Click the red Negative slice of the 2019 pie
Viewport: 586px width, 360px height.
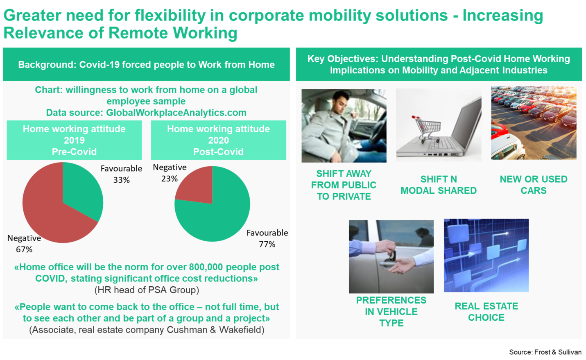(x=50, y=215)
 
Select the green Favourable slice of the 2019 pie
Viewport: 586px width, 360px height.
(x=81, y=191)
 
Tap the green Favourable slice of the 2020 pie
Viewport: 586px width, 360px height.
(x=217, y=217)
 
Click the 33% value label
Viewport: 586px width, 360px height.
(x=121, y=180)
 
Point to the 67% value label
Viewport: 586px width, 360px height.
(x=24, y=249)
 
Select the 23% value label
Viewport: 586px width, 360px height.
(x=170, y=179)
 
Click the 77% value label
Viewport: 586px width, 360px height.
(x=267, y=245)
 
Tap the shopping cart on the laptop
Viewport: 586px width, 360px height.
(x=426, y=129)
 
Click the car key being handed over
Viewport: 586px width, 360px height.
(x=392, y=255)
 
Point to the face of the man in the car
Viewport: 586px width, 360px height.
(x=340, y=102)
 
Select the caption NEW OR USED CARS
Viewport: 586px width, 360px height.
(x=534, y=185)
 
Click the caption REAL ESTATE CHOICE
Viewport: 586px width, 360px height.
(x=486, y=312)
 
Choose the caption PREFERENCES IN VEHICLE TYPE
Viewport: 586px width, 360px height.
(x=391, y=312)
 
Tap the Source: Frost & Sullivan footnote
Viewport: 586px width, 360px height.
(x=545, y=352)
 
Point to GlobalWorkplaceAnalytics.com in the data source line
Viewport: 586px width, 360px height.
(x=176, y=113)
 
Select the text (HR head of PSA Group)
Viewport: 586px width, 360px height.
(x=147, y=290)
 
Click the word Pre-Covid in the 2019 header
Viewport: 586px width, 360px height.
(x=74, y=152)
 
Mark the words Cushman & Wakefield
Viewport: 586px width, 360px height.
(x=215, y=330)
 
